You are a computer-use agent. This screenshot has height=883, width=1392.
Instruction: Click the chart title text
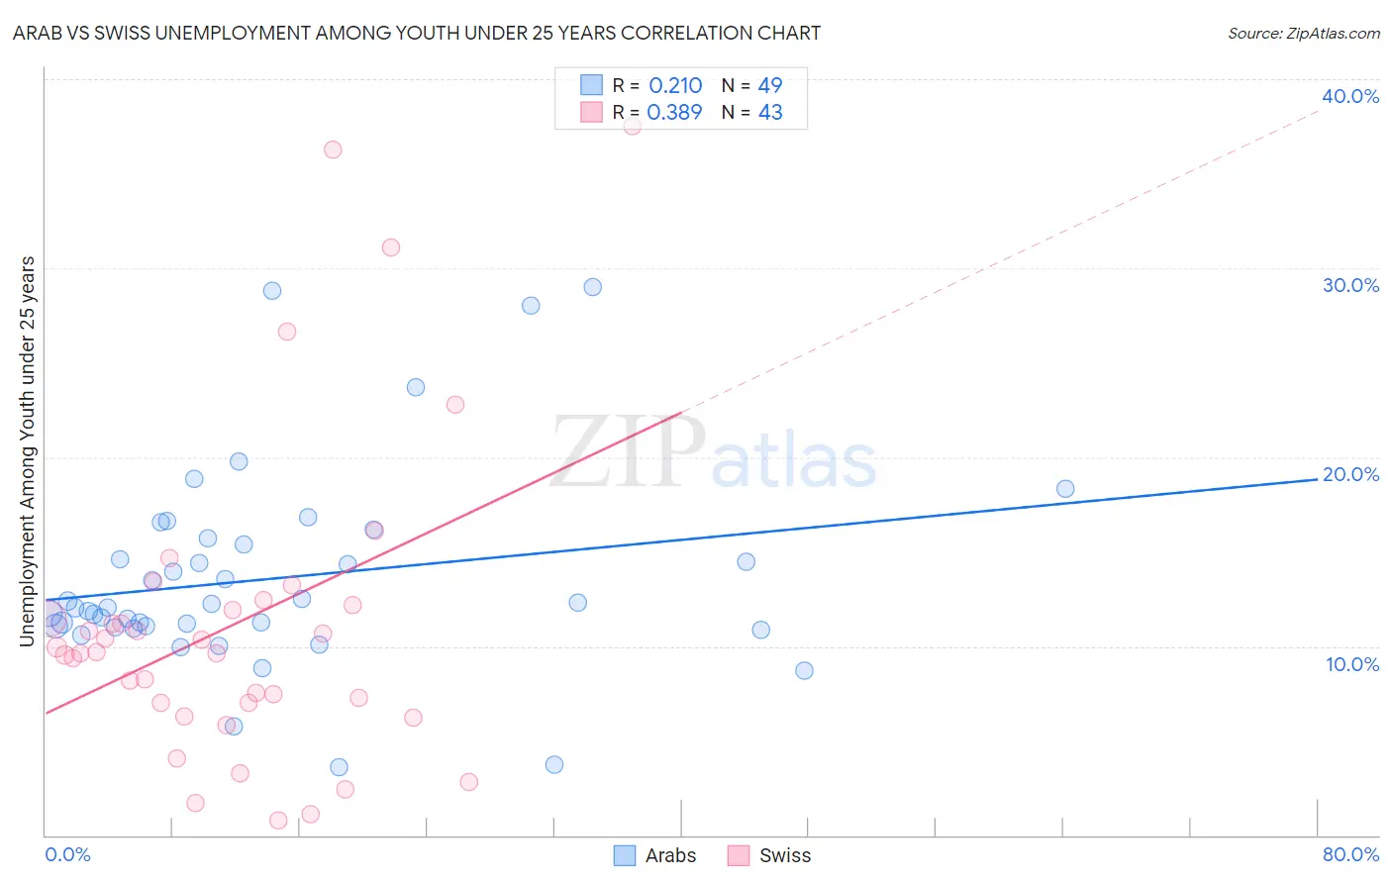coord(416,33)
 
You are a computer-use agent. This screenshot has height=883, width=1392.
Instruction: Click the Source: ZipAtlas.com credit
coord(1303,34)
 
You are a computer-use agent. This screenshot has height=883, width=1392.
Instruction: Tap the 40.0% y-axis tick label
coord(1350,96)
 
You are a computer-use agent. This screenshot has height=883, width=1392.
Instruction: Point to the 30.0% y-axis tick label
coord(1350,285)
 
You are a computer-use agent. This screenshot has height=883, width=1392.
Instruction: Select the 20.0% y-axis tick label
coord(1350,474)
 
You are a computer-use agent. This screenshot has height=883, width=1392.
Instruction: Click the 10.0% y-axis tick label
coord(1352,664)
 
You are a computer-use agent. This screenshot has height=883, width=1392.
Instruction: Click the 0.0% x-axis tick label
coord(67,854)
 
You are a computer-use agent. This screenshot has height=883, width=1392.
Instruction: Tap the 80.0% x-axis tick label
coord(1350,854)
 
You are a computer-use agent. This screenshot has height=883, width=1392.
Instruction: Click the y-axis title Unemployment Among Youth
coord(27,451)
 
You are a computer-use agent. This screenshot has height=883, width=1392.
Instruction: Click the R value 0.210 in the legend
coord(675,86)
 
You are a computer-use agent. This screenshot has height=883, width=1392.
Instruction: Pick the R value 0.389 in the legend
coord(674,113)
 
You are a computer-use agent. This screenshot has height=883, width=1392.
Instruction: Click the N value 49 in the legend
coord(769,86)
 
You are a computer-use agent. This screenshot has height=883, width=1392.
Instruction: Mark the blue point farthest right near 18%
coord(1065,489)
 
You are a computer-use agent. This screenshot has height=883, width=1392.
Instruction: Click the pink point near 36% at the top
coord(333,149)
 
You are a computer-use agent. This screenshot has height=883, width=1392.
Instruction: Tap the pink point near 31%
coord(391,247)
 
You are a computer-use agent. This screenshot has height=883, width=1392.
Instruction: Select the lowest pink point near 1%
coord(278,821)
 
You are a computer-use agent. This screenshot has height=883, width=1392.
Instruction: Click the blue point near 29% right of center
coord(593,287)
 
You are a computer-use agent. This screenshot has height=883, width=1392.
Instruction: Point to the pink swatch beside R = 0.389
coord(591,112)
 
